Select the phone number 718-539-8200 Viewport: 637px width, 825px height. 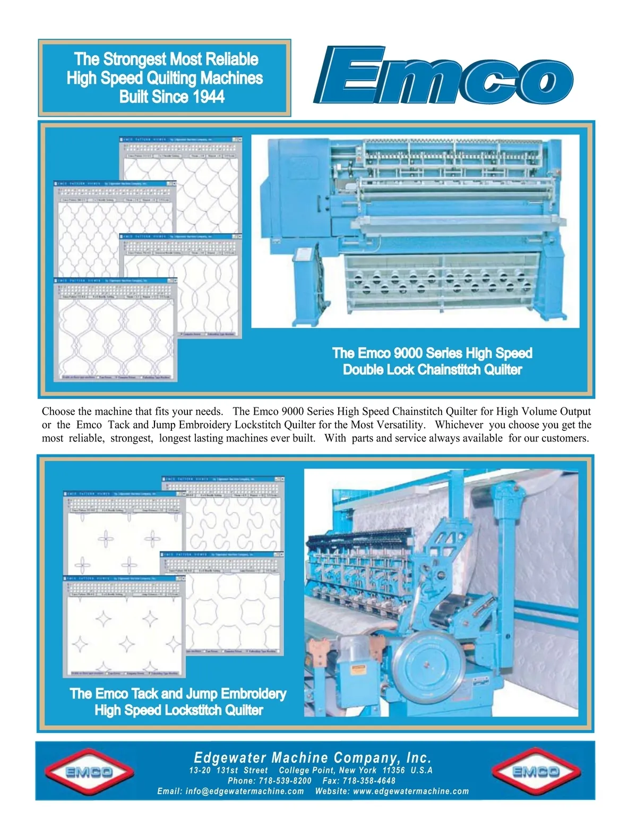pos(285,781)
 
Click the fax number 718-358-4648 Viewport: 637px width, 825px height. pos(369,781)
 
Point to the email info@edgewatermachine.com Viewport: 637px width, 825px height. pos(245,792)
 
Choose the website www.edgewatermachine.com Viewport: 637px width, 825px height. pos(411,792)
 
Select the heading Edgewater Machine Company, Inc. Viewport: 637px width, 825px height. pos(313,758)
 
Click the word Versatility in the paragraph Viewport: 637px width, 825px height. pos(398,425)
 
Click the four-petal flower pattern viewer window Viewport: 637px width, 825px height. pos(123,537)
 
